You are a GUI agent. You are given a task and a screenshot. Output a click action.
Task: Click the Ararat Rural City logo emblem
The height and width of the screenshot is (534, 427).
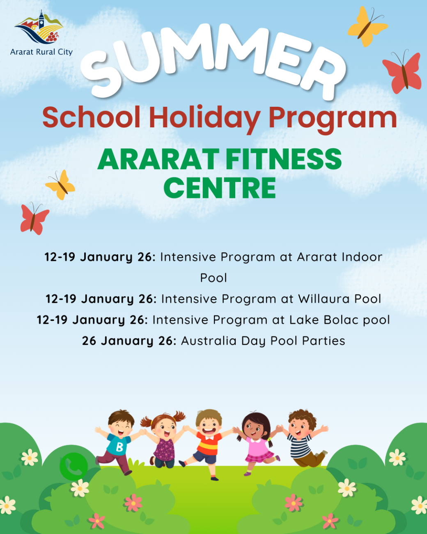[x=39, y=28]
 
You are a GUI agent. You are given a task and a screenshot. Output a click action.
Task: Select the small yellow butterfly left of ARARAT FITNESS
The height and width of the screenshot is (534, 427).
[x=61, y=185]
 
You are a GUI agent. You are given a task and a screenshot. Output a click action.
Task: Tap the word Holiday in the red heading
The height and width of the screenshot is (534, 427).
[x=204, y=118]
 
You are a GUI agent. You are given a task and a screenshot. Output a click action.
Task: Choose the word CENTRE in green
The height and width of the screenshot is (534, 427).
[x=220, y=188]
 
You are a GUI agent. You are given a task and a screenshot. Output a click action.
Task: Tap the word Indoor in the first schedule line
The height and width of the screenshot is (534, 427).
[x=361, y=257]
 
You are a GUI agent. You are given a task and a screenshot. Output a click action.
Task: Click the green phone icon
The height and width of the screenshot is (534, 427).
[x=74, y=467]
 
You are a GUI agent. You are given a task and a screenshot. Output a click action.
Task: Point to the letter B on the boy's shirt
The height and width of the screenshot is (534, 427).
[x=119, y=447]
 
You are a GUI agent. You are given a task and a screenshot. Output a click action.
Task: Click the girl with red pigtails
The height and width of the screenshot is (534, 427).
[x=164, y=440]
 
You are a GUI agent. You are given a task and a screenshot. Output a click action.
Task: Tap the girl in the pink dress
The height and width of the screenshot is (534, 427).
[x=257, y=442]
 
